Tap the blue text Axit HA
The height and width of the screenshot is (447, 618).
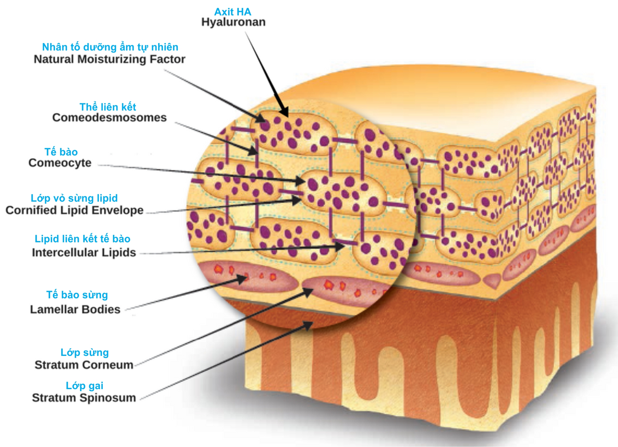tap(233, 12)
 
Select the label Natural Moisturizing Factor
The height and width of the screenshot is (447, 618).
tap(110, 59)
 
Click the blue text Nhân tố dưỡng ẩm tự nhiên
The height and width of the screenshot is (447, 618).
tap(110, 47)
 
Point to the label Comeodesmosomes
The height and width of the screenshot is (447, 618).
tap(110, 118)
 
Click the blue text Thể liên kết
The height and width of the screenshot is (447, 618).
tap(108, 107)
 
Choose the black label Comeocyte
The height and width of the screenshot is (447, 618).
tap(60, 163)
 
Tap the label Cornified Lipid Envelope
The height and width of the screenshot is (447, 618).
tap(74, 210)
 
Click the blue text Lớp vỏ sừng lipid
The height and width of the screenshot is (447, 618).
tap(74, 198)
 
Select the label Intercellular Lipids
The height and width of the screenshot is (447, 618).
tap(84, 252)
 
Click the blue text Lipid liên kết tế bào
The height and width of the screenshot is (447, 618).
tap(82, 239)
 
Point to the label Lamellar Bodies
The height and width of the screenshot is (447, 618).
tap(75, 309)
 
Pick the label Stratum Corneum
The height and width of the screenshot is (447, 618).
tap(84, 365)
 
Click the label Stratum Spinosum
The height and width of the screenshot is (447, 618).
tap(84, 398)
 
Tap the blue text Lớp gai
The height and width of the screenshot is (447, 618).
tap(85, 386)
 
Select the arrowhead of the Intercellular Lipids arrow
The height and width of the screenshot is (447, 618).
tap(340, 246)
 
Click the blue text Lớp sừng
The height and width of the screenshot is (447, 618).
tap(85, 352)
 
